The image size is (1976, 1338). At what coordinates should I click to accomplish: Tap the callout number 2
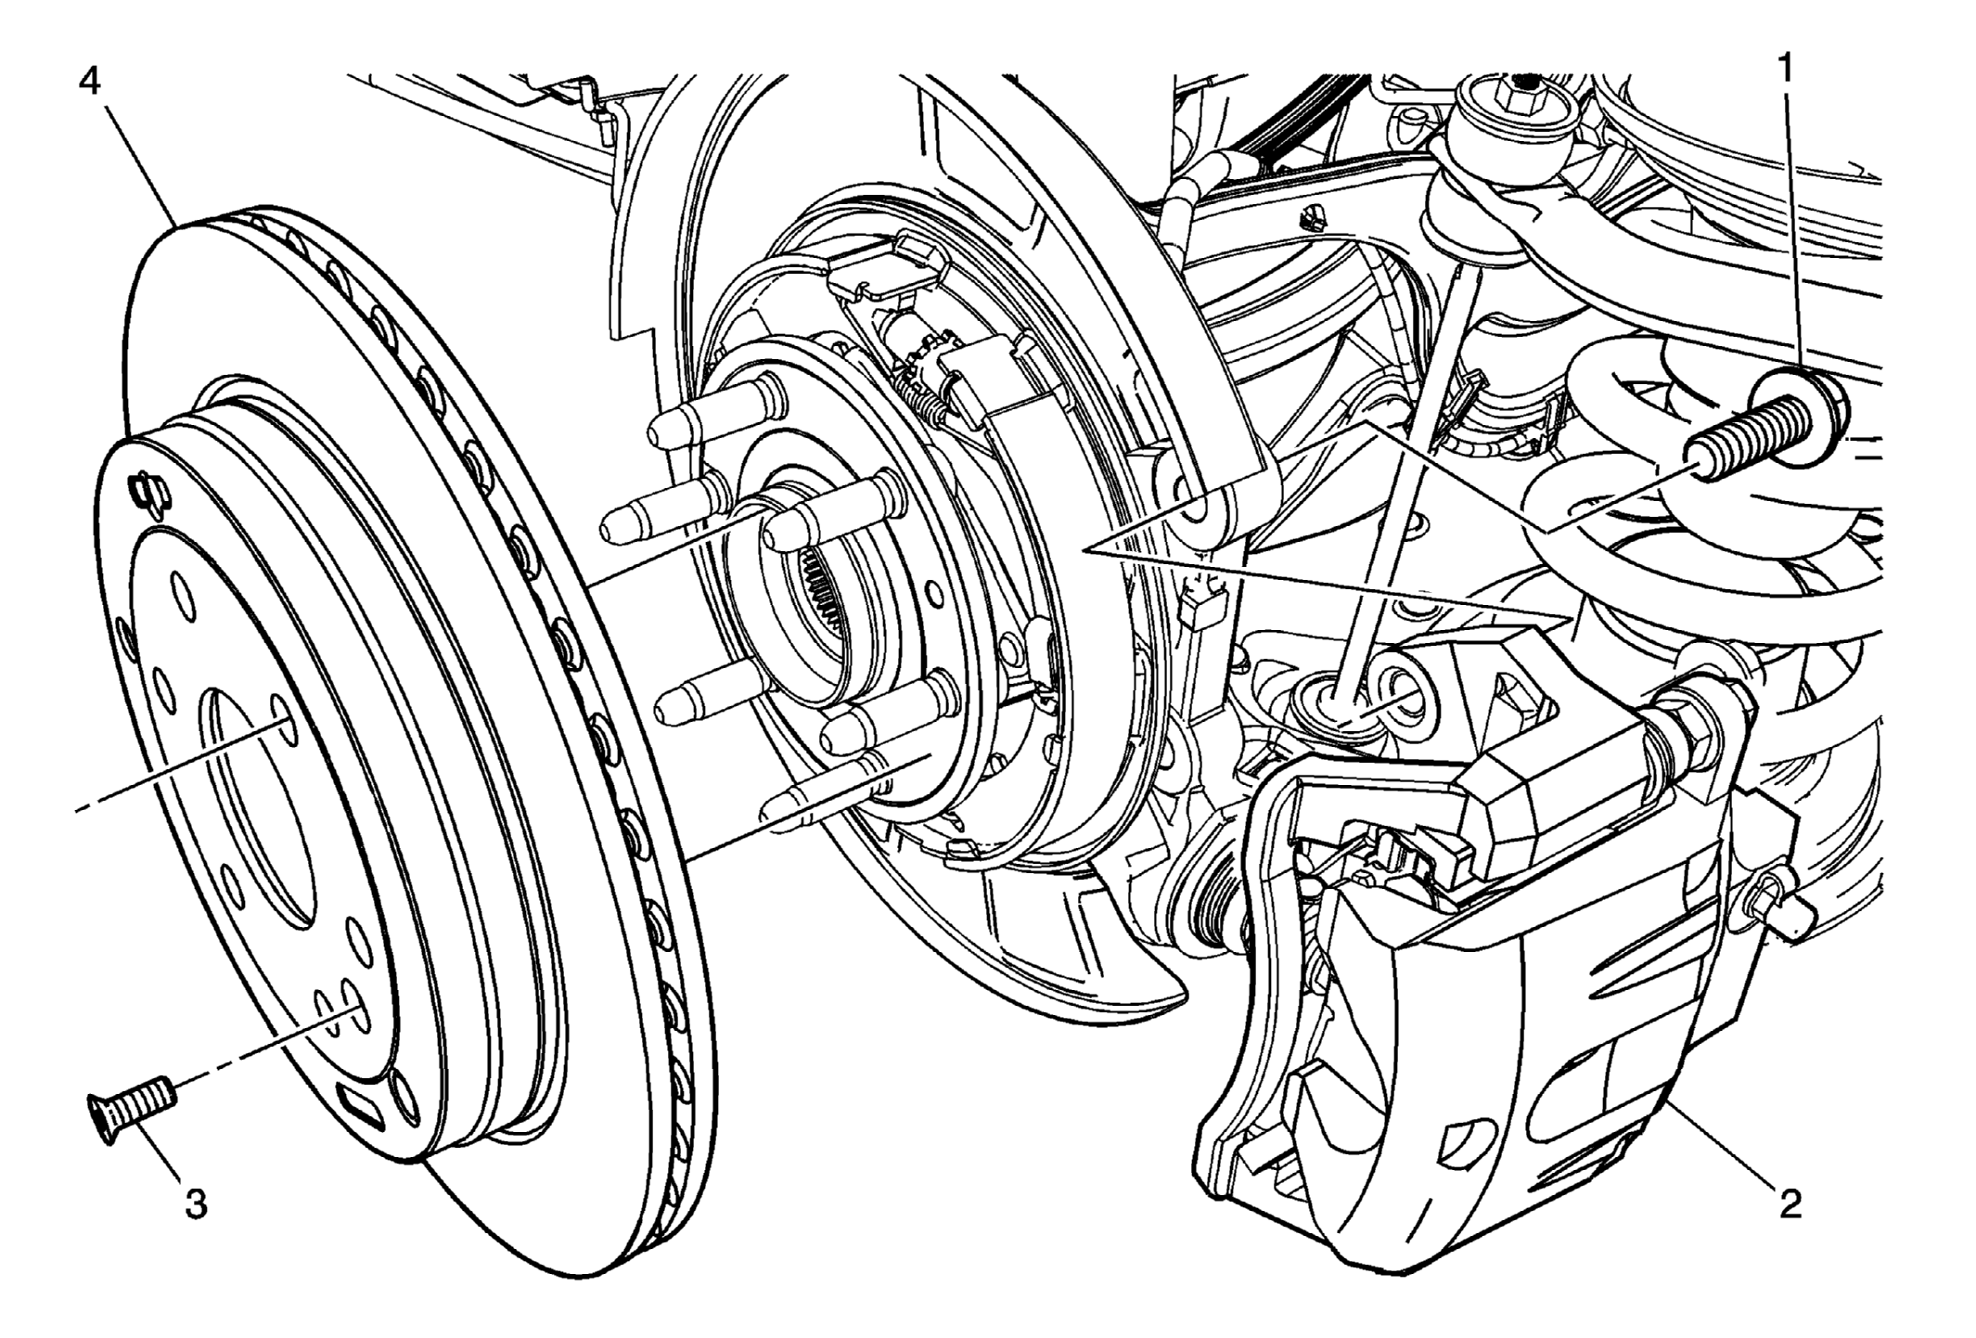coord(1790,1203)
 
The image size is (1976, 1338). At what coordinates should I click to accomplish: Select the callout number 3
coord(196,1203)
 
